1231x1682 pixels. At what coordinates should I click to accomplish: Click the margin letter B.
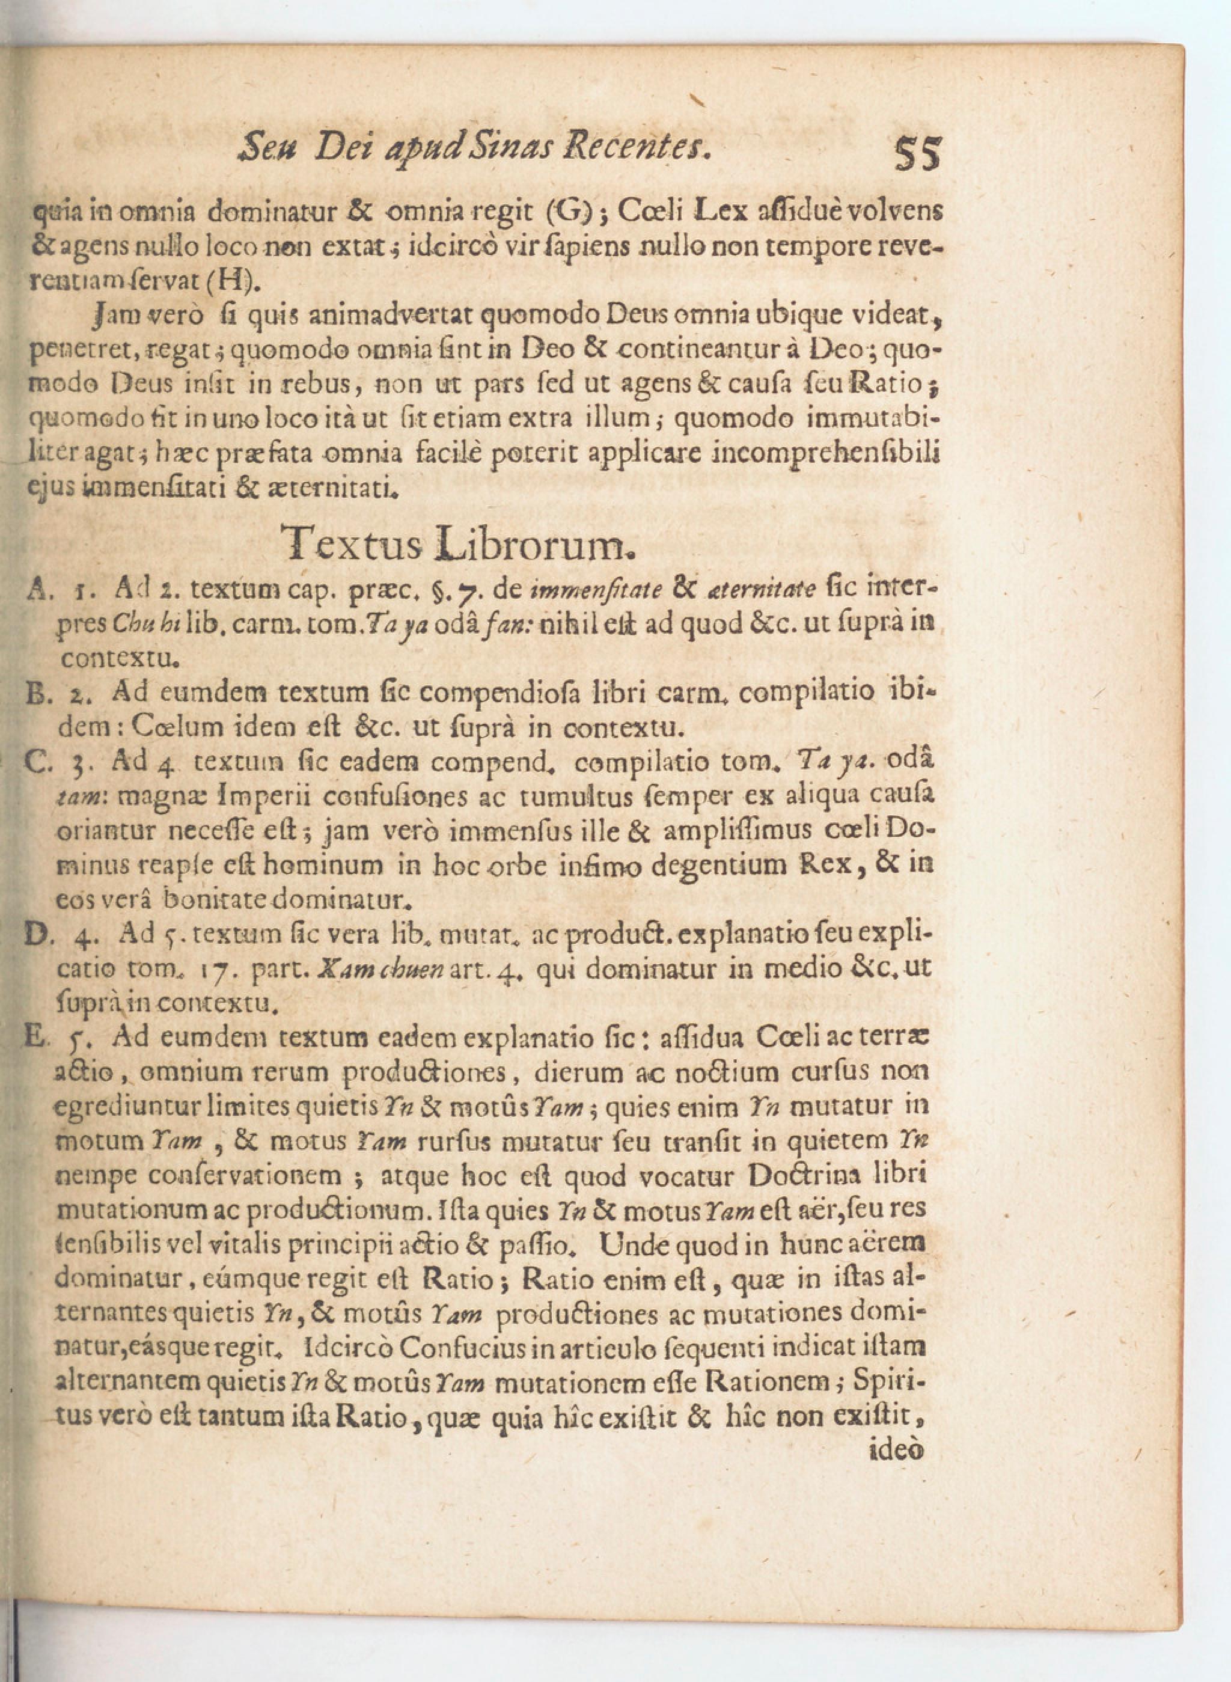(x=35, y=694)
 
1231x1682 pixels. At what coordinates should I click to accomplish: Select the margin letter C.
(x=35, y=761)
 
